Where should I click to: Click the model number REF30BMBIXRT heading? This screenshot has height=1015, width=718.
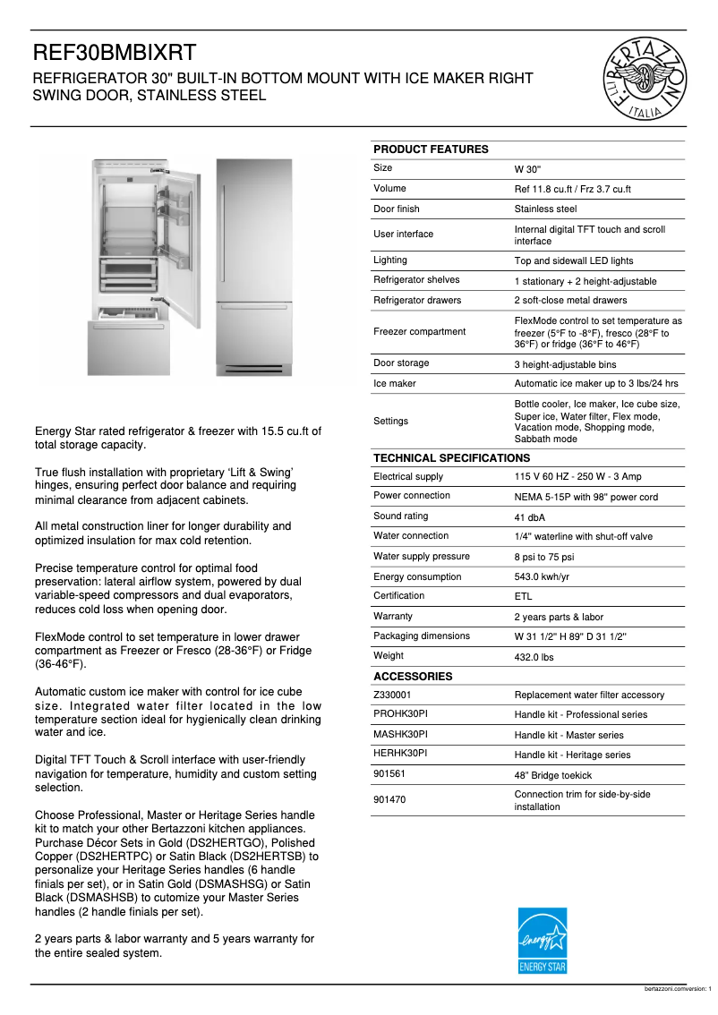(x=115, y=53)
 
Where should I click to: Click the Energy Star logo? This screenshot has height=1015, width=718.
(x=543, y=941)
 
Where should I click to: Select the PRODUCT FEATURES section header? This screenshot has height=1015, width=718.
(x=431, y=149)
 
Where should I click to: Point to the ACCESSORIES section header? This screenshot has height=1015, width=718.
(x=413, y=677)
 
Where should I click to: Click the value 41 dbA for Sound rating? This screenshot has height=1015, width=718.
(x=530, y=517)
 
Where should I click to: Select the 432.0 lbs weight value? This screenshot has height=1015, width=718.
(x=534, y=656)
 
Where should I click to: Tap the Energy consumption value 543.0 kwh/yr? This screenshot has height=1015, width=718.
(x=542, y=577)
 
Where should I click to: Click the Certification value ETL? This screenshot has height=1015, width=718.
(x=522, y=597)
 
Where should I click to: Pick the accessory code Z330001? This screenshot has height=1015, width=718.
(x=394, y=695)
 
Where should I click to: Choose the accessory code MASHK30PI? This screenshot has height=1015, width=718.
(x=400, y=734)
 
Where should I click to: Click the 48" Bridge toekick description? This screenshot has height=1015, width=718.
(x=552, y=775)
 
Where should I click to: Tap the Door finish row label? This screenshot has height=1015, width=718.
(x=397, y=209)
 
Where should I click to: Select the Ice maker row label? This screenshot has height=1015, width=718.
(x=395, y=383)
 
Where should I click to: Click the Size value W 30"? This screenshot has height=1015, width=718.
(x=527, y=169)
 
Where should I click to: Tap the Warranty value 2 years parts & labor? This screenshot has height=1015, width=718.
(x=559, y=617)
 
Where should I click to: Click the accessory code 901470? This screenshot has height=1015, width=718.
(x=390, y=800)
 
